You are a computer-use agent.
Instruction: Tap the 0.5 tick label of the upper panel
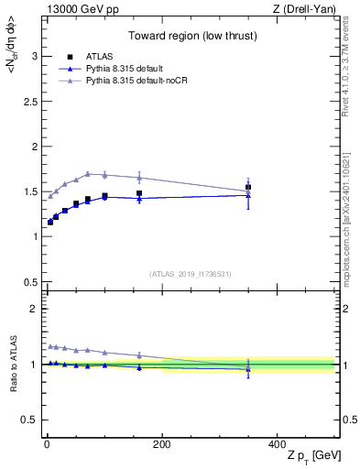29,281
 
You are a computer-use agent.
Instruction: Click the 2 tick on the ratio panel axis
34,309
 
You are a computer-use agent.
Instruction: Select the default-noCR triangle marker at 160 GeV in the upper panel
139,178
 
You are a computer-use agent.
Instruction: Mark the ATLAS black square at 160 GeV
139,193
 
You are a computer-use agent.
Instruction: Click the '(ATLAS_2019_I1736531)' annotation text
191,274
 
